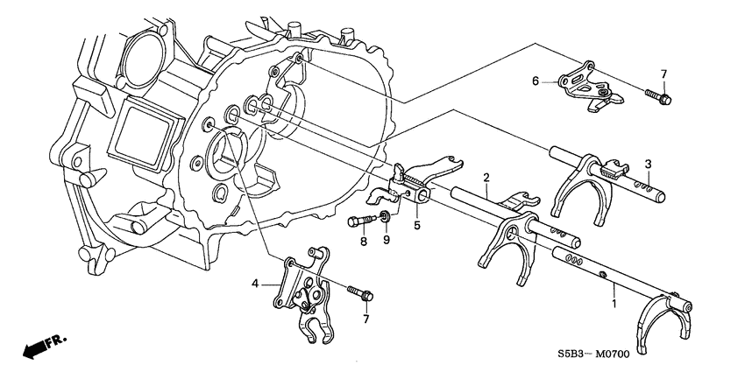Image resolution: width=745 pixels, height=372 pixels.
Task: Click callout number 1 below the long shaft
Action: [614, 303]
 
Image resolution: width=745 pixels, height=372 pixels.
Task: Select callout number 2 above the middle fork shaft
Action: [486, 178]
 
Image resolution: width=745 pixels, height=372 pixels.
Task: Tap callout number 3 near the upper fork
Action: [648, 165]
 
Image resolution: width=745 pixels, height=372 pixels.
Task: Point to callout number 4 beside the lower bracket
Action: [255, 284]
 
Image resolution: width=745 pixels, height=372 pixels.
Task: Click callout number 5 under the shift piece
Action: [416, 225]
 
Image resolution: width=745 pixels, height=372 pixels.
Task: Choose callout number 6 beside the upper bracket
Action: [536, 81]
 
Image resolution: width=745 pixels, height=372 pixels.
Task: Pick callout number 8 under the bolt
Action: [364, 242]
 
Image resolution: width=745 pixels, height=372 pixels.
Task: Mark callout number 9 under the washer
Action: [387, 240]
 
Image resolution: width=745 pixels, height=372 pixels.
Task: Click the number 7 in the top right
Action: [663, 74]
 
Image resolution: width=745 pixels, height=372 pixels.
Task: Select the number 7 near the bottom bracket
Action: [365, 319]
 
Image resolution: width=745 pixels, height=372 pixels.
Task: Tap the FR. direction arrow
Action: [45, 347]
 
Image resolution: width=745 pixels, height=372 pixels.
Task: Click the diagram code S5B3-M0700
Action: [594, 354]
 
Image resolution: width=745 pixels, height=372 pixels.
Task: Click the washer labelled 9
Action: [386, 218]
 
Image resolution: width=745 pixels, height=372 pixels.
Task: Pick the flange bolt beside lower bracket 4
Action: [360, 293]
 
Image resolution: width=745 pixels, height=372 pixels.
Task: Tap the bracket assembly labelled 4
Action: [302, 294]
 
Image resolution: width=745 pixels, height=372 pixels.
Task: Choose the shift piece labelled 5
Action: [415, 183]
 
